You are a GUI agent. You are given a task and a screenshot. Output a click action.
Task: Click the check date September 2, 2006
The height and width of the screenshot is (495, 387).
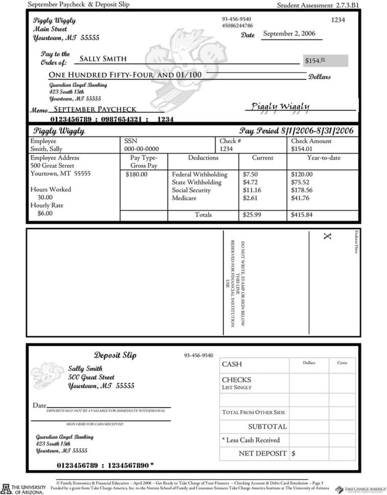click(x=289, y=34)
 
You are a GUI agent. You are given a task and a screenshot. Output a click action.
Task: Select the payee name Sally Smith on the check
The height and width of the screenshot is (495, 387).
click(x=103, y=59)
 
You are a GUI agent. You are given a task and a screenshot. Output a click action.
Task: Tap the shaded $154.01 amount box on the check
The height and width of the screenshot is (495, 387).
click(x=325, y=61)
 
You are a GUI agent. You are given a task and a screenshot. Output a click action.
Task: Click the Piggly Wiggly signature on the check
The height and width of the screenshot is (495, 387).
click(x=280, y=106)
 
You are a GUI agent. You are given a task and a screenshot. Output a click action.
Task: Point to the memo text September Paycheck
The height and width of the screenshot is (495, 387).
click(x=95, y=109)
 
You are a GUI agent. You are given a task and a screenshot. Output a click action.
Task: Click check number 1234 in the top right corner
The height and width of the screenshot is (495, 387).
click(x=338, y=20)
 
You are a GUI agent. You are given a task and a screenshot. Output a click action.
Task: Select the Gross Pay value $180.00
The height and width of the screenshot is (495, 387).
click(x=136, y=175)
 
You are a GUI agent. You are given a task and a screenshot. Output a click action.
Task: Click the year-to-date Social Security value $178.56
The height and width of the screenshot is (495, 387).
click(x=302, y=190)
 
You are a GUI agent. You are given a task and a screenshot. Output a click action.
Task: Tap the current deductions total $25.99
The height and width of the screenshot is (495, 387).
click(x=252, y=215)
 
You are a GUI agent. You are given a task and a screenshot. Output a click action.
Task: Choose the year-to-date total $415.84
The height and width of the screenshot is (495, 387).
click(x=302, y=215)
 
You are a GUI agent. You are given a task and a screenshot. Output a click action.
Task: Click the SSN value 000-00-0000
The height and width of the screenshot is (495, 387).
click(x=138, y=149)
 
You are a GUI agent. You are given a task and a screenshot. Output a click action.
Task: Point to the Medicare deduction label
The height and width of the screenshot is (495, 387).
click(x=184, y=199)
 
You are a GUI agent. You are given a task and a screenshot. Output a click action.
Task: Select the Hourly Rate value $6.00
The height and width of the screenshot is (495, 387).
click(x=44, y=213)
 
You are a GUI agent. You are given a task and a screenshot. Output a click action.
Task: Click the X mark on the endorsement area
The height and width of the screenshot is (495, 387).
click(x=327, y=236)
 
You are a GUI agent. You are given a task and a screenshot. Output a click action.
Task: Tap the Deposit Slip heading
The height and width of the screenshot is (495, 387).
click(x=115, y=355)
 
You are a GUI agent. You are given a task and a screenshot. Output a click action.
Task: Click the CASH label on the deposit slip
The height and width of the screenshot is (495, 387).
click(x=232, y=364)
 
